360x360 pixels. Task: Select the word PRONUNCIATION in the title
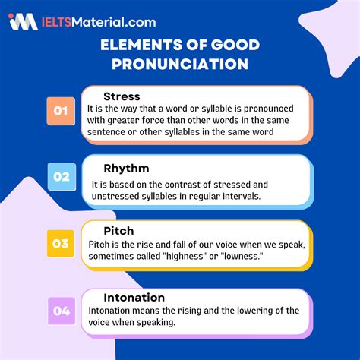coord(180,65)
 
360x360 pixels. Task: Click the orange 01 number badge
coord(61,112)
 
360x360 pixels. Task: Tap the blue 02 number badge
coord(61,177)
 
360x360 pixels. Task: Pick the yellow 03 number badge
coord(61,243)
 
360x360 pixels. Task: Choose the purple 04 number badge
coord(61,309)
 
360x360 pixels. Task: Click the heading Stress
coord(121,96)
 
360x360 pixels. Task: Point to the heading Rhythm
coord(126,168)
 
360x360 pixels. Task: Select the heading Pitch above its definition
coord(119,229)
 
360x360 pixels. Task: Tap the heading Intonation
coord(134,297)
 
